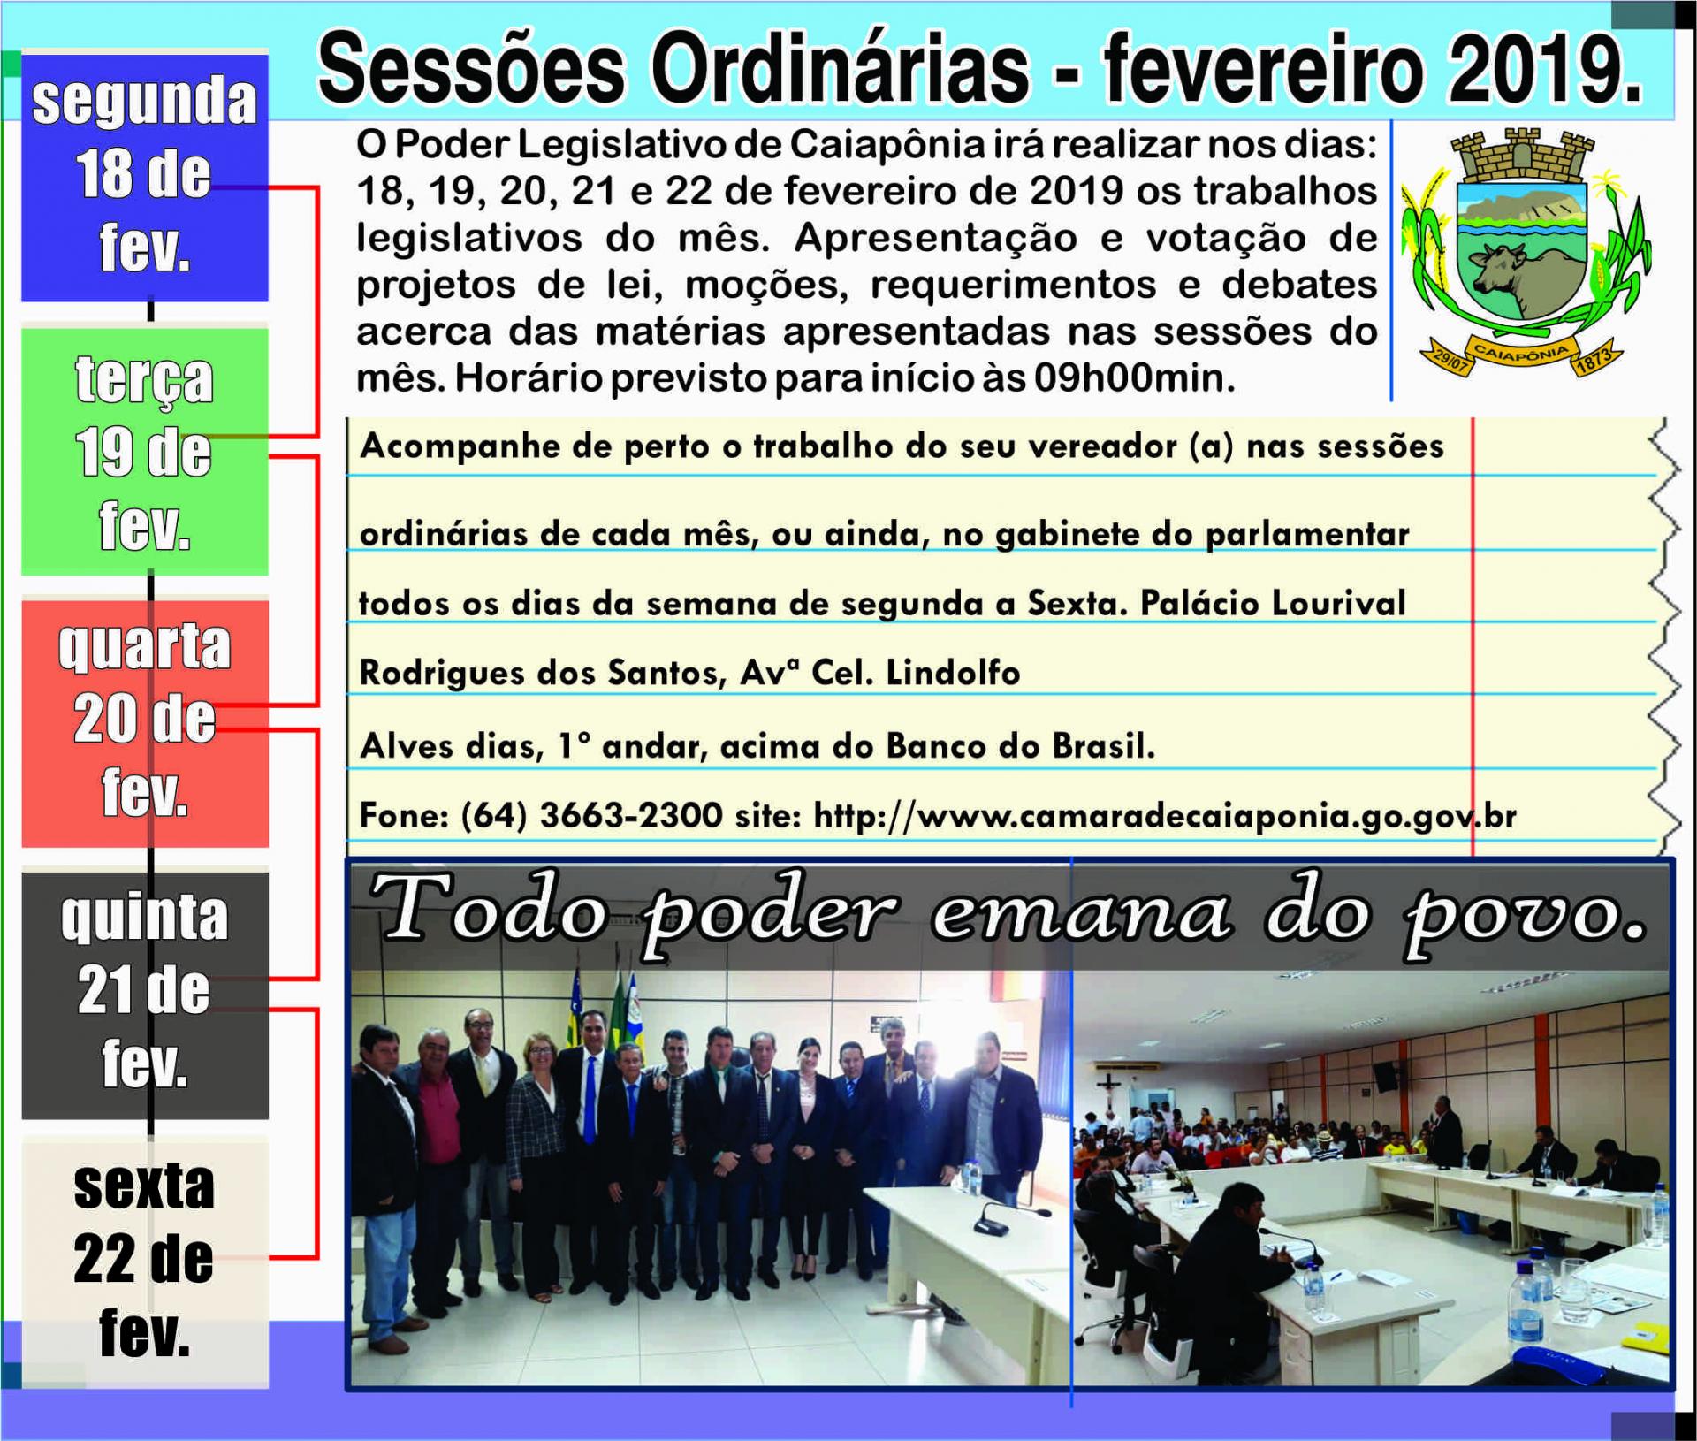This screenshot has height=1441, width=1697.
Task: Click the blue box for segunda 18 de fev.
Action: pyautogui.click(x=145, y=177)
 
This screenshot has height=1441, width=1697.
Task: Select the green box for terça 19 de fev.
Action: pyautogui.click(x=145, y=451)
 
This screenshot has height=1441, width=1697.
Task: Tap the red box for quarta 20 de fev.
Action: pyautogui.click(x=145, y=723)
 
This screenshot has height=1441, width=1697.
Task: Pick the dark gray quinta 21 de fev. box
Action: pyautogui.click(x=145, y=995)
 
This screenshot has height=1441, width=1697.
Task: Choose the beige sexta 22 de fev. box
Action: pyautogui.click(x=145, y=1264)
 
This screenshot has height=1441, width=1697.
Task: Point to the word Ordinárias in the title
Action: pyautogui.click(x=840, y=69)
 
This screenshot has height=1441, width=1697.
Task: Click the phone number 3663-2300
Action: pyautogui.click(x=631, y=815)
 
